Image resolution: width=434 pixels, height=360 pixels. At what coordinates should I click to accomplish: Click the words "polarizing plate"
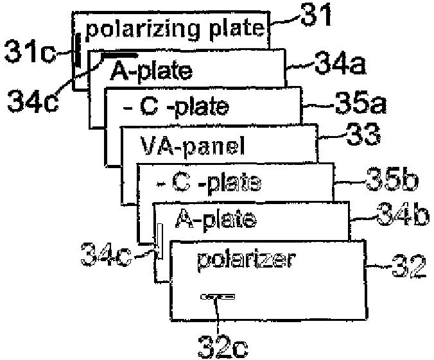[x=174, y=29]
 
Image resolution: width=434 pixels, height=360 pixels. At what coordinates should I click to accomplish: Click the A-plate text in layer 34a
[x=151, y=70]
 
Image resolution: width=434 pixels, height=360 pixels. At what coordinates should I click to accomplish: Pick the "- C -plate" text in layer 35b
[x=208, y=184]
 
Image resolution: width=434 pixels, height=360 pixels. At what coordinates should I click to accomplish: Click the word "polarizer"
[x=245, y=260]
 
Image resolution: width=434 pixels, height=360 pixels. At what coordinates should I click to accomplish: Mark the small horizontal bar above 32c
[x=218, y=296]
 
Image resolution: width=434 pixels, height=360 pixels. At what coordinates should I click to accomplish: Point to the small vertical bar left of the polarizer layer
[x=161, y=241]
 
